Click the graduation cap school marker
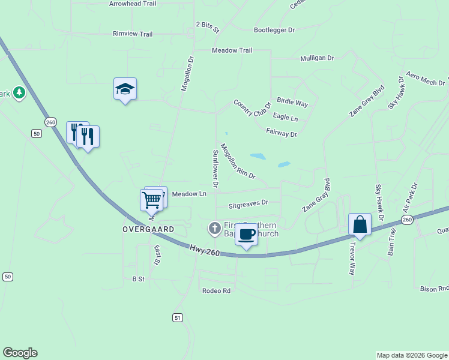pos(125,89)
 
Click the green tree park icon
pos(19,93)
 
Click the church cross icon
pos(214,228)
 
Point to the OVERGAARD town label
pos(148,230)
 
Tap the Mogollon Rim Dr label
pos(238,161)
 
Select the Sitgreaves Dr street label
pos(248,205)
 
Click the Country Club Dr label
pos(253,108)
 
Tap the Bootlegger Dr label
pos(275,29)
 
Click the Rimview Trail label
pos(133,34)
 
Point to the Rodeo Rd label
pos(217,291)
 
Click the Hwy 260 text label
pos(205,250)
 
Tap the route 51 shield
pos(177,317)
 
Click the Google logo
pos(20,353)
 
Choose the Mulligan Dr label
pos(317,58)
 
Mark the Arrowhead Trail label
pos(133,4)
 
